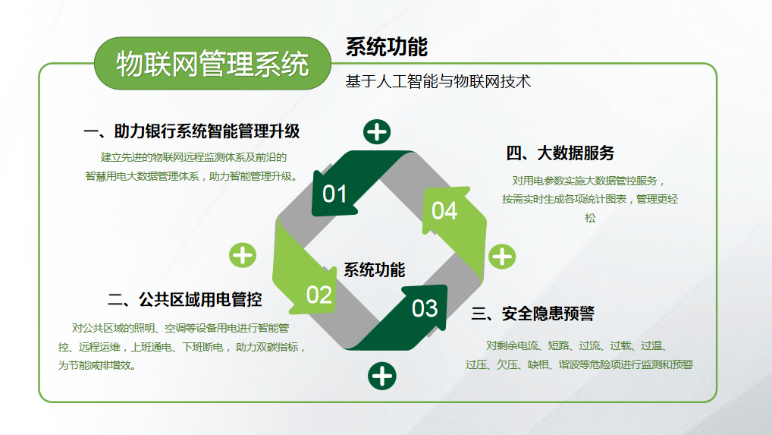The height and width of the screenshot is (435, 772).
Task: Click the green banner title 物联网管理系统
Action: click(212, 64)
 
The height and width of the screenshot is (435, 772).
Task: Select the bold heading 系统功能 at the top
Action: click(387, 47)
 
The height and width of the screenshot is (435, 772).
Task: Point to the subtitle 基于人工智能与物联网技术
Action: click(438, 81)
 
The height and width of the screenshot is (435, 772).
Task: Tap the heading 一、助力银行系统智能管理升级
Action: click(192, 131)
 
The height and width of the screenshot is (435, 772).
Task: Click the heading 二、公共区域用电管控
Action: click(184, 300)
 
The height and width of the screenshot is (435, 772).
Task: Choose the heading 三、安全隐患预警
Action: click(532, 314)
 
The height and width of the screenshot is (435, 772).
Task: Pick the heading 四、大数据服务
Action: click(560, 153)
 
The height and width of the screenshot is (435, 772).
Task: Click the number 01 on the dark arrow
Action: click(334, 194)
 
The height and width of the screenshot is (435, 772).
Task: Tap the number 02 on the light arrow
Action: click(319, 295)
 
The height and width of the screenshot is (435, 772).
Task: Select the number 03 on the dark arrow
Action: click(425, 309)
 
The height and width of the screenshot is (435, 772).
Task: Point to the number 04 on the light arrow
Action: click(444, 211)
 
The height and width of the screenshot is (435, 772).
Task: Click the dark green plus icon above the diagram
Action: click(377, 132)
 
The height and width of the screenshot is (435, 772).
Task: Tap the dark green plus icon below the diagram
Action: click(382, 377)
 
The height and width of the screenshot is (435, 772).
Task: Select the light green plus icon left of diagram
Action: click(243, 256)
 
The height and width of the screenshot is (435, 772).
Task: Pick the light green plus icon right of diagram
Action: click(502, 257)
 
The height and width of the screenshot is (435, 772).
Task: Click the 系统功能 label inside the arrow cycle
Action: click(374, 270)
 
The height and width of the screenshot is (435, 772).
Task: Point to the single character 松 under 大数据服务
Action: click(590, 218)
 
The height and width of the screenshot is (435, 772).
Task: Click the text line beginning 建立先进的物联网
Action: click(193, 157)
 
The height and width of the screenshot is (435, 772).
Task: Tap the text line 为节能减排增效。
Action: click(97, 366)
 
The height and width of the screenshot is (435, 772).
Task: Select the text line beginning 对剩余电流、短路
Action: click(576, 346)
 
